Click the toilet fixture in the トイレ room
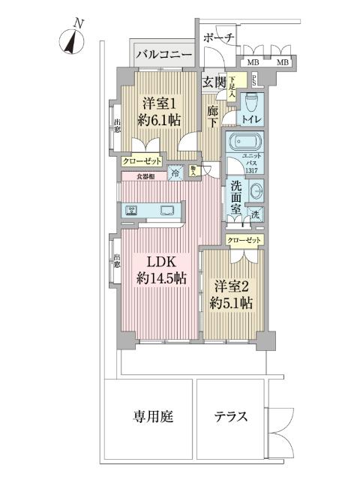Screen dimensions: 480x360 (250, 98)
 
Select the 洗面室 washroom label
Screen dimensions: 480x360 (235, 197)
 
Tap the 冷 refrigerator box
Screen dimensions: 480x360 (175, 172)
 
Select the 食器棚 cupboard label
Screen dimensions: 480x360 (146, 177)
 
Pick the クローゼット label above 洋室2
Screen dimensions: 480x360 (246, 239)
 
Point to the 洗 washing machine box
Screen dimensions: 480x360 (256, 216)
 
